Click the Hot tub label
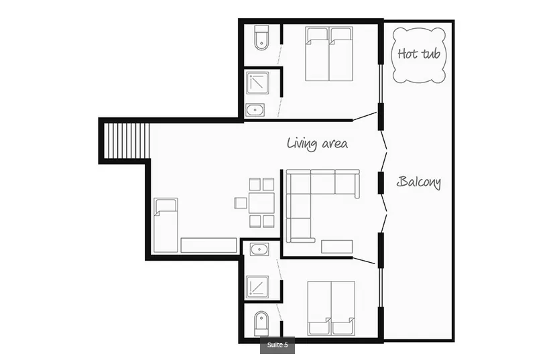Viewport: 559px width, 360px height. tap(419, 54)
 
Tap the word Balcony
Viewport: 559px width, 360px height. tap(419, 182)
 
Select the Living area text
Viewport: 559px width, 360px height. tap(317, 143)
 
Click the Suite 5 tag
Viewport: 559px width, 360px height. tap(277, 345)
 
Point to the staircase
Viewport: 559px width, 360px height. tap(126, 141)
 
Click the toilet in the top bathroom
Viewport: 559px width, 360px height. tap(262, 38)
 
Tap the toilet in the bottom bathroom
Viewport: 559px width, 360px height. tap(261, 324)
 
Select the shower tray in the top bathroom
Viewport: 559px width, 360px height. tap(257, 83)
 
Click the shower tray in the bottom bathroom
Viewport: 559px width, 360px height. tap(257, 288)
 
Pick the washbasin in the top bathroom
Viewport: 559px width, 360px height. tap(255, 110)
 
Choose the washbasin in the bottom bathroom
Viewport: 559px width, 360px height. tap(259, 249)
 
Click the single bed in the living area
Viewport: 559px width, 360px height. tap(166, 225)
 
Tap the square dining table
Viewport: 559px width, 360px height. tap(261, 203)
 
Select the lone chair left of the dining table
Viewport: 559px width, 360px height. tap(241, 203)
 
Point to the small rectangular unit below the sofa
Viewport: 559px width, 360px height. tap(337, 247)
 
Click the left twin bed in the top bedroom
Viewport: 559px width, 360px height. tap(317, 54)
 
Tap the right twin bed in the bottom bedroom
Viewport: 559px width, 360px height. tap(343, 308)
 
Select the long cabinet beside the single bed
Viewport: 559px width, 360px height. tap(208, 245)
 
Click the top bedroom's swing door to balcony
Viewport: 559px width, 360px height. tap(365, 116)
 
